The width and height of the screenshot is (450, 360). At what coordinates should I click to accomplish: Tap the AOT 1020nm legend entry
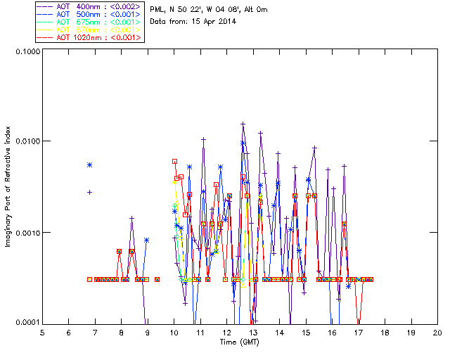point(89,37)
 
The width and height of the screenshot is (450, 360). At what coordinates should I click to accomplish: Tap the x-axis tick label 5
point(42,333)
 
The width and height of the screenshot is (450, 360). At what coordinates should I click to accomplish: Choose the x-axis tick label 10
point(174,333)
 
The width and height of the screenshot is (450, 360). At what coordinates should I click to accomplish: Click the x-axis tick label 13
point(253,333)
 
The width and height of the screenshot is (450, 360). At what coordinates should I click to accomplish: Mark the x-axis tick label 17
point(359,333)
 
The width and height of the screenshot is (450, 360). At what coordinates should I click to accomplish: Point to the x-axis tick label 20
point(437,333)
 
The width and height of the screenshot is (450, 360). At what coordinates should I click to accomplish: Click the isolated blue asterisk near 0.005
point(90,165)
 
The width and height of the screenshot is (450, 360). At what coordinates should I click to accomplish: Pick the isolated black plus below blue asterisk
point(90,192)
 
